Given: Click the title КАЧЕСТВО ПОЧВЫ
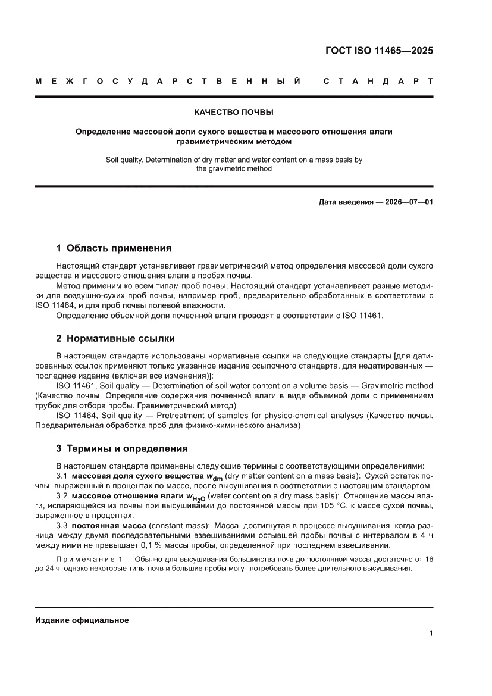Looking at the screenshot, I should coord(234,112).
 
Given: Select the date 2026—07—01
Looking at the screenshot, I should coord(408,202).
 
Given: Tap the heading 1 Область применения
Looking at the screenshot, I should coord(113,248).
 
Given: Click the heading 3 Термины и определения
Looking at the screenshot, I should coord(121,448).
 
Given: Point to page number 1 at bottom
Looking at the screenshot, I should coord(430,633).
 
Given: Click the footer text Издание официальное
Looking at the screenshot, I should coord(82,620).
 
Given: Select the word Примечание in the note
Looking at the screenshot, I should coord(92,559).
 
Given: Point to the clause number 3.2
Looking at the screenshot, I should coord(62,496).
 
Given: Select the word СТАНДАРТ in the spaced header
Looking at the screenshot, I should coord(378,81).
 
